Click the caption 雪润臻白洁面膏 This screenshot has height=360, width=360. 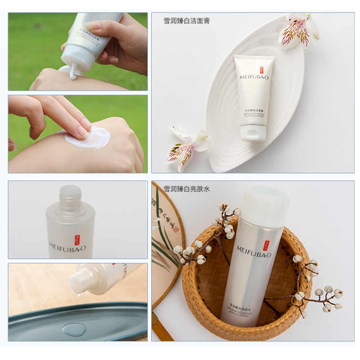click(x=186, y=21)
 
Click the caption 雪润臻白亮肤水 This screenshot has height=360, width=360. click(x=186, y=189)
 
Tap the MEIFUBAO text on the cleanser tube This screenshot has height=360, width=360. click(x=253, y=84)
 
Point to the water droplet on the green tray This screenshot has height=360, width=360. click(x=74, y=329)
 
